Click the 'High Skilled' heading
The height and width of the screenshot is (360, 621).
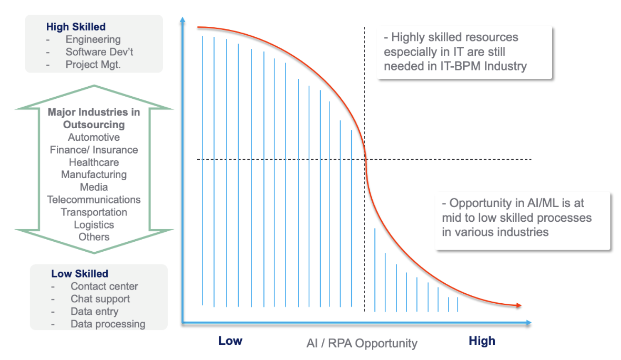click(76, 27)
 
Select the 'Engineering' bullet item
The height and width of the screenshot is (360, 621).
click(93, 39)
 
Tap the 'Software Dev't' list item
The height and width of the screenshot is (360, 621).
click(99, 52)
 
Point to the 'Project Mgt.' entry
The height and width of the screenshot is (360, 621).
click(93, 65)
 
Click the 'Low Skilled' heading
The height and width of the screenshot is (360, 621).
click(79, 274)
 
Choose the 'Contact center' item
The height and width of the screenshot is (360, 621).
click(104, 286)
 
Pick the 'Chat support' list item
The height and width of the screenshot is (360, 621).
click(100, 299)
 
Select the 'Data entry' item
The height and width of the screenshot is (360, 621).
click(94, 312)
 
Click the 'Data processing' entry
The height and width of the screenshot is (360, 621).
click(108, 324)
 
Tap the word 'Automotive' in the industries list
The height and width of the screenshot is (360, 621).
click(94, 137)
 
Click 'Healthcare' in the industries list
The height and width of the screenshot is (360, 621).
click(94, 162)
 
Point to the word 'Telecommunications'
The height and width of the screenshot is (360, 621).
click(94, 200)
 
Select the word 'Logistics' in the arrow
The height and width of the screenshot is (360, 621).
click(94, 224)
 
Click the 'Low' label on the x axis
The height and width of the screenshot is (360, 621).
click(230, 341)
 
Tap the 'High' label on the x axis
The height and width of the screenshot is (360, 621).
click(482, 341)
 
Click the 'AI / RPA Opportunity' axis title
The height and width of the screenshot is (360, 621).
click(362, 343)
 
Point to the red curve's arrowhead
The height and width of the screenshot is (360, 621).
click(518, 305)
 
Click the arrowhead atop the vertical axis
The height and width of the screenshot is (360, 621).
click(182, 19)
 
